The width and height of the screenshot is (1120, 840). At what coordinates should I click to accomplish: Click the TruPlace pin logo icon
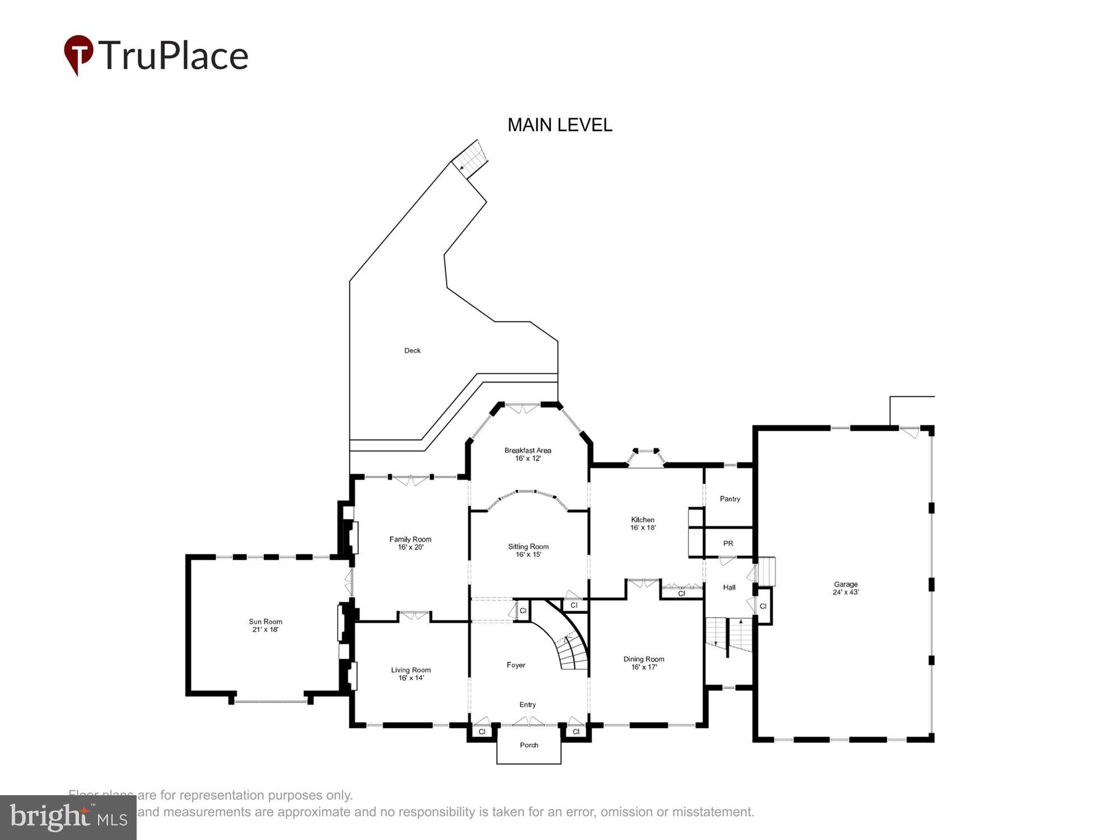tap(78, 54)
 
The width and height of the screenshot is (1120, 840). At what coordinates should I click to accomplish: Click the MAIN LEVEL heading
tap(559, 125)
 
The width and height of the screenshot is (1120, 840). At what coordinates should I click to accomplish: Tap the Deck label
tap(412, 351)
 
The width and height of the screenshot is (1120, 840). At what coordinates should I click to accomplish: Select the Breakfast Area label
tap(528, 454)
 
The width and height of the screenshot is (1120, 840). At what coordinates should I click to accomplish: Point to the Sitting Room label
tap(528, 550)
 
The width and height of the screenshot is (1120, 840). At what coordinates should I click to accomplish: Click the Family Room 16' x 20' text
tap(410, 543)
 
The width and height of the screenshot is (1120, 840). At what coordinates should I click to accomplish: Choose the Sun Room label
tap(265, 626)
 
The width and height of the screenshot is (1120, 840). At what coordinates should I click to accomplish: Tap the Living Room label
tap(410, 674)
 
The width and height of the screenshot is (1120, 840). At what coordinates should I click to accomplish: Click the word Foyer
tap(516, 665)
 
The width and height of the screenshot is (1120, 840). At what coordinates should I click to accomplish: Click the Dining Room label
tap(643, 663)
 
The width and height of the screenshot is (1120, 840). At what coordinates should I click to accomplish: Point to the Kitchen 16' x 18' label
tap(643, 524)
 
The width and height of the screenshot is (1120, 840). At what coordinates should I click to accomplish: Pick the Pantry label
tap(730, 499)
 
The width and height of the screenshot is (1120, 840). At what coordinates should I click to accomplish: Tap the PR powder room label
tap(728, 543)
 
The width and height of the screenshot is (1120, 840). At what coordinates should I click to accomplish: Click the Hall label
tap(729, 587)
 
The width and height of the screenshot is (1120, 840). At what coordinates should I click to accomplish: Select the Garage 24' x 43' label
tap(846, 588)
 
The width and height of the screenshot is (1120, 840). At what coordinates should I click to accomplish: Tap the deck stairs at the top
tap(469, 158)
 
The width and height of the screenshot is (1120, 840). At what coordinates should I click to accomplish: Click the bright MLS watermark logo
tap(68, 818)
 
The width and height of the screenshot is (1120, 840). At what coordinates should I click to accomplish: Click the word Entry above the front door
tap(528, 704)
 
